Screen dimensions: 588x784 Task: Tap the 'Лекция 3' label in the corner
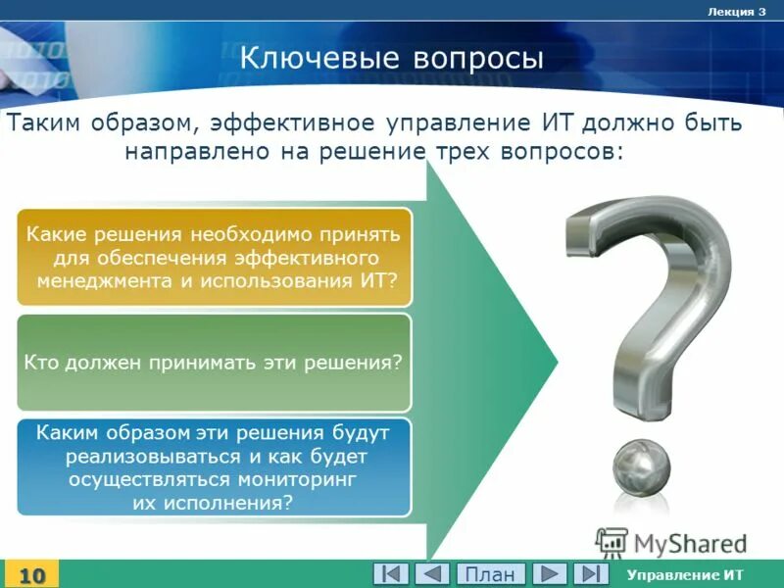click(735, 11)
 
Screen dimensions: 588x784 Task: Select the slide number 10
click(32, 574)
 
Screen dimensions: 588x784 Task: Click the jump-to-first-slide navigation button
click(391, 573)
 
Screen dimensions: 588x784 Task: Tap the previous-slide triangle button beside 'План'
click(431, 573)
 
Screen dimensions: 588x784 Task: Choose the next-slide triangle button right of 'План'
click(550, 573)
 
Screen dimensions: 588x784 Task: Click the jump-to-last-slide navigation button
click(590, 573)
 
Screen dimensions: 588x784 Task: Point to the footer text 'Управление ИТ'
click(685, 574)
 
